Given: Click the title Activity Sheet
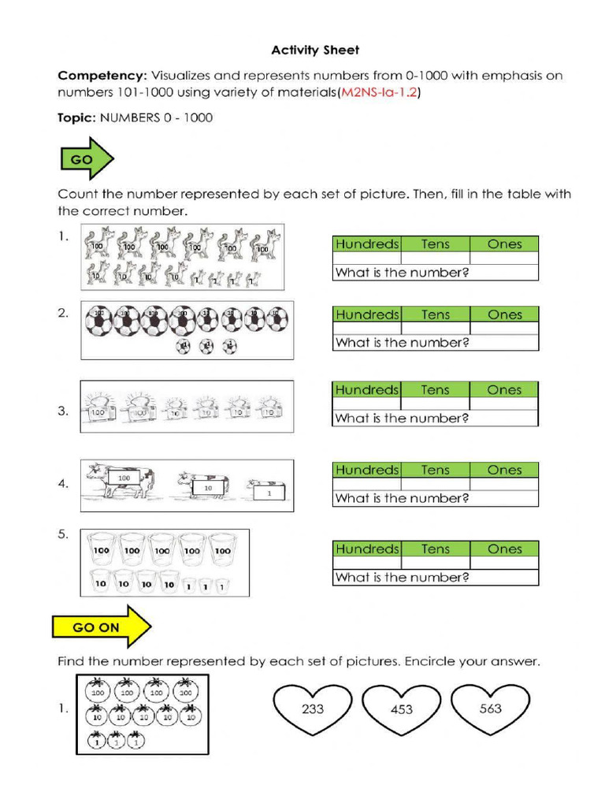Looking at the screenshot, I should coord(315,50).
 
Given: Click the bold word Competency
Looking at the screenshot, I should coord(102,76).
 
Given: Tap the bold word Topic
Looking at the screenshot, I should coord(76,118).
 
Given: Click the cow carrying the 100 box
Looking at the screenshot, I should coord(121,480).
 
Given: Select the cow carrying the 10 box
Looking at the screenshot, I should coord(203,486).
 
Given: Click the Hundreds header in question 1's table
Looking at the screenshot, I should coord(367,244).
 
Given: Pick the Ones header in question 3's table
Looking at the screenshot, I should coord(504,390).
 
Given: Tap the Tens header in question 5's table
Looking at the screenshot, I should coord(435,549).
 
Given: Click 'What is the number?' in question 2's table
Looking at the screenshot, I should coord(402,343).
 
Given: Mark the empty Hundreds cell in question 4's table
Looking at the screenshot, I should coord(367,483).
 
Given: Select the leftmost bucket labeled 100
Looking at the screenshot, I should coord(101,551).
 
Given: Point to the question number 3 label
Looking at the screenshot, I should coord(63,411).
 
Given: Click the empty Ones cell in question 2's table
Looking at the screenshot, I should coord(504,328).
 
